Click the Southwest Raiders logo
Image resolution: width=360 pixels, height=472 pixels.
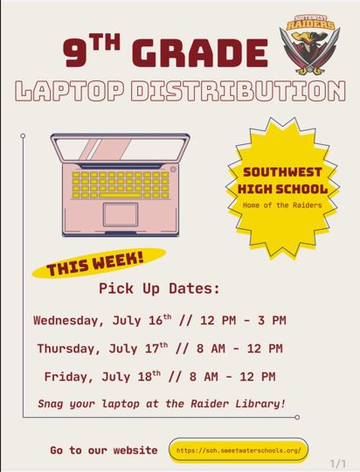309,45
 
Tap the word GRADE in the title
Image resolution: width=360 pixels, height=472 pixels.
200,52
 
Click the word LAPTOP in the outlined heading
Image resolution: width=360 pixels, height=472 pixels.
70,91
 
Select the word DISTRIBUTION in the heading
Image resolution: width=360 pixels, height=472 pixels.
239,91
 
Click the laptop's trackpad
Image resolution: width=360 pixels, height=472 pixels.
121,215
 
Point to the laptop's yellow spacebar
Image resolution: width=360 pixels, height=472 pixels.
121,196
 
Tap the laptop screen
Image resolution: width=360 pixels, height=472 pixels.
120,149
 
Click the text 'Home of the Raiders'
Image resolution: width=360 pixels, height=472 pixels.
282,205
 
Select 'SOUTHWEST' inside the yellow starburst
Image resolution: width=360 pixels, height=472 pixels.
282,172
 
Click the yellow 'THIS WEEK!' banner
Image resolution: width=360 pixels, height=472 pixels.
99,263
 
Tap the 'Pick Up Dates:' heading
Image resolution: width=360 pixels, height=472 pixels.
159,288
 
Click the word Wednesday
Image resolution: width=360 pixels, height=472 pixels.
66,321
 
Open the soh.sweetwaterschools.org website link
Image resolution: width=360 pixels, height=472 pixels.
239,451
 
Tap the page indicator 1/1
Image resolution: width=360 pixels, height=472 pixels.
338,463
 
